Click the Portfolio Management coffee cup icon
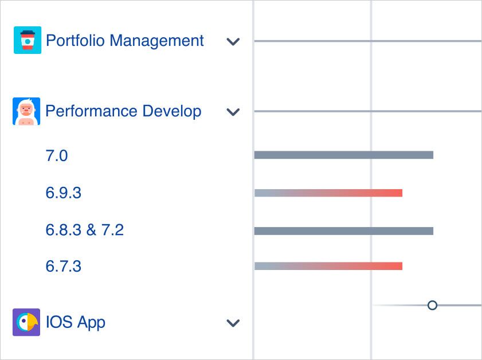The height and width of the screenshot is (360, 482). [27, 41]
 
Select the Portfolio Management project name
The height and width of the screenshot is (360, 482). [124, 41]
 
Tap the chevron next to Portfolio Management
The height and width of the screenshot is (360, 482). [233, 42]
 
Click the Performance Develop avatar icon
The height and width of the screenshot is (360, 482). [26, 111]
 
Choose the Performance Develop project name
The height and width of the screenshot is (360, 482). [123, 111]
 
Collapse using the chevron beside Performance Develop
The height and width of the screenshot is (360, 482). [233, 112]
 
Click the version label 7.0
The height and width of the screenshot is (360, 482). [57, 155]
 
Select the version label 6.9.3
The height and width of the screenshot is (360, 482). [64, 193]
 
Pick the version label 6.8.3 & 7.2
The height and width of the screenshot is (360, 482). [85, 230]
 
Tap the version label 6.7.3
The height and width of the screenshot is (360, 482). [64, 267]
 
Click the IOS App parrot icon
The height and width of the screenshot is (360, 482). [26, 322]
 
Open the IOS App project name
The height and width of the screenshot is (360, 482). [76, 322]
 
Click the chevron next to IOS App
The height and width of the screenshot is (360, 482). [233, 323]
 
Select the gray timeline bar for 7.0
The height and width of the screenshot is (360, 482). [343, 155]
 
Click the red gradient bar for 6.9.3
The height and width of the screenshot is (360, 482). [328, 193]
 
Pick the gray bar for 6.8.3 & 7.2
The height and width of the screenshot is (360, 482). [343, 231]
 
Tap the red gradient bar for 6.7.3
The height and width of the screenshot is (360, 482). [328, 266]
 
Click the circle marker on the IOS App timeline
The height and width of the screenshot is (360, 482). [433, 306]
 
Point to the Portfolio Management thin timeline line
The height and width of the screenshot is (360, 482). [367, 41]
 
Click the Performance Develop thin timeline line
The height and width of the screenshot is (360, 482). [367, 111]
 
